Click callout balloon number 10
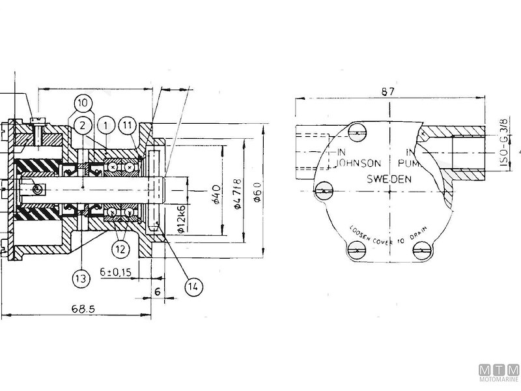point(83,103)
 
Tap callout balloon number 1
point(104,124)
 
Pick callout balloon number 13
point(80,279)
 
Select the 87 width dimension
point(388,92)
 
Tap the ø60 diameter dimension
point(257,192)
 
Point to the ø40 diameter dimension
point(216,194)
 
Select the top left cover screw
point(356,133)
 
